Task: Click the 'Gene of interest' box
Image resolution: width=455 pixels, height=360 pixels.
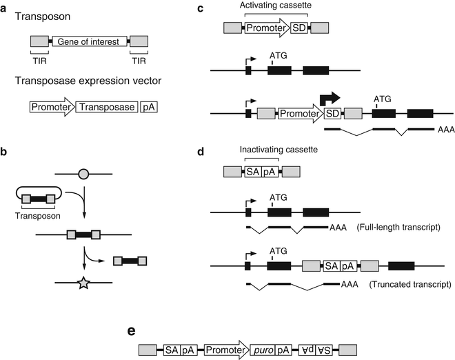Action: coord(88,42)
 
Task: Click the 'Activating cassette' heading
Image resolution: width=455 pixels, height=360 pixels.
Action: coord(269,6)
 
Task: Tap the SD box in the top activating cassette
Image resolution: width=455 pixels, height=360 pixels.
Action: coord(299,28)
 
